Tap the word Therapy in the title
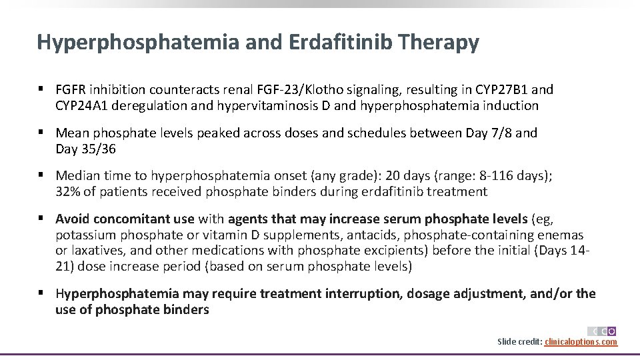[440, 43]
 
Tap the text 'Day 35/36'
[85, 149]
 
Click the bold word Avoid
[73, 219]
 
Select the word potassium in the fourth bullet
[85, 235]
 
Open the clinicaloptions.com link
[581, 342]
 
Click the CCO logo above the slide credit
[602, 331]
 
